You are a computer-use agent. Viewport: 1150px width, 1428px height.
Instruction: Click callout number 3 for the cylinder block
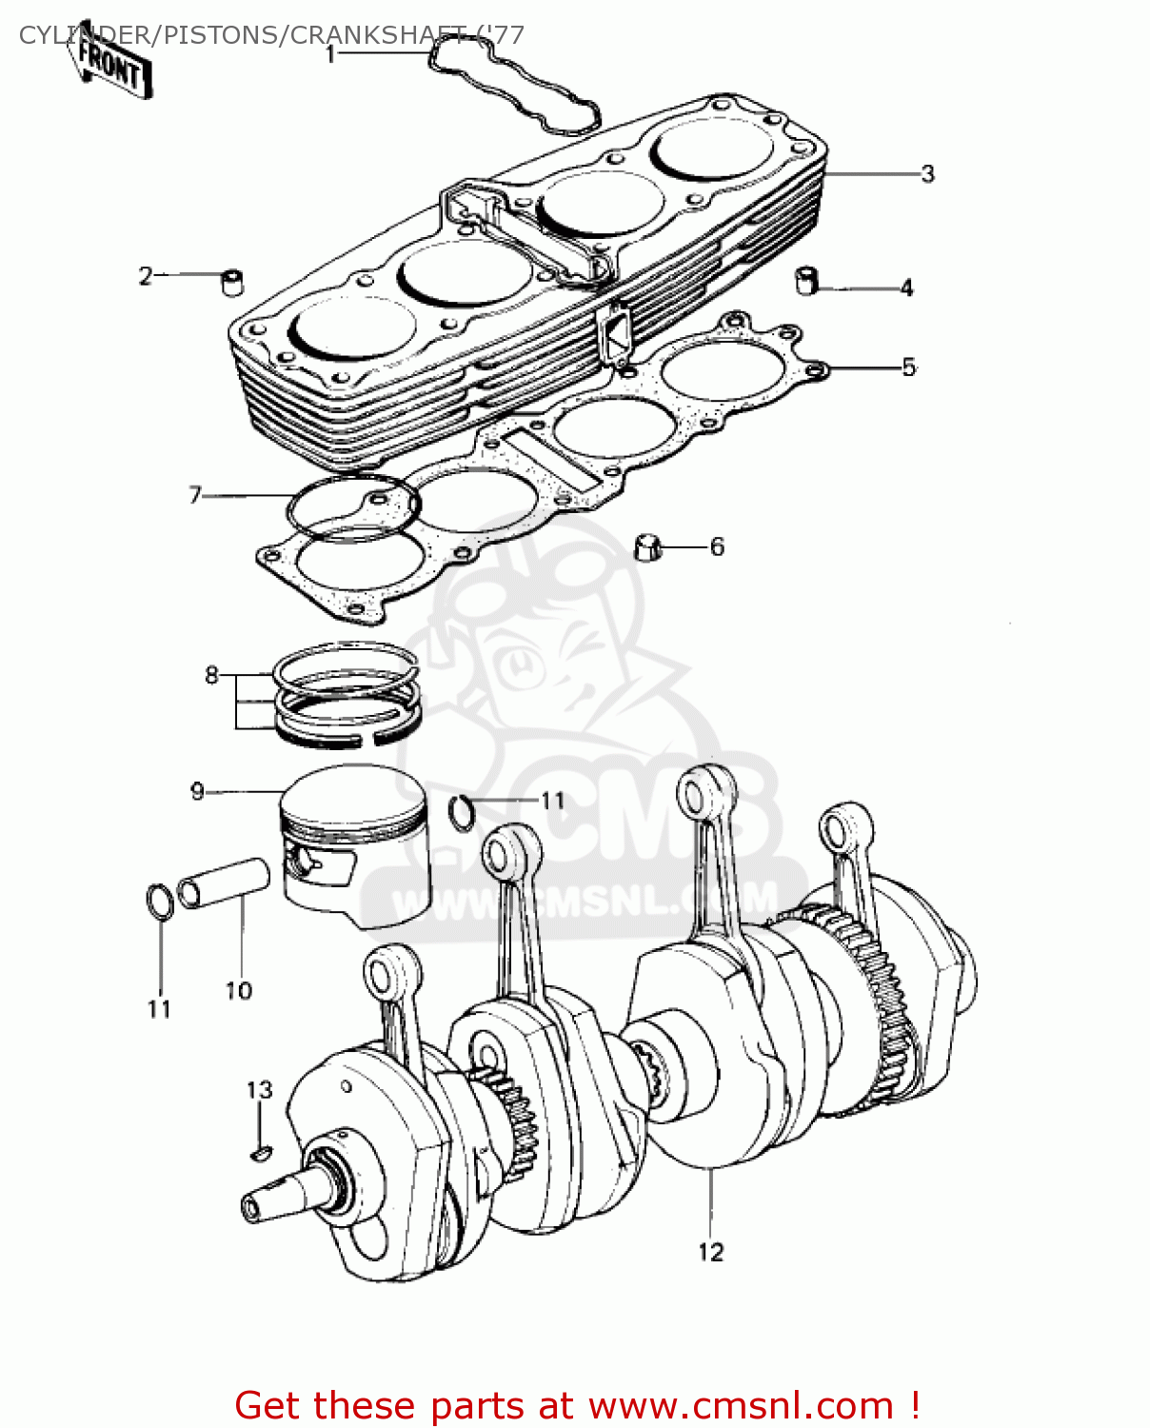(x=927, y=174)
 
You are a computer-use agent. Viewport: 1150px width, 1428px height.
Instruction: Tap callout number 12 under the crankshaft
(x=710, y=1252)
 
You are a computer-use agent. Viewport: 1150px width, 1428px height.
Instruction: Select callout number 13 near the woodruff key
(x=259, y=1090)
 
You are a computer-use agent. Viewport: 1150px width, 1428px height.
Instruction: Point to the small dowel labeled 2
(x=232, y=283)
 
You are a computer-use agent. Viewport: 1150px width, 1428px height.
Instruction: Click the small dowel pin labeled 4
(x=807, y=281)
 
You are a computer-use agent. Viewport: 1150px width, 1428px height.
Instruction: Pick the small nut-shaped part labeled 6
(x=647, y=548)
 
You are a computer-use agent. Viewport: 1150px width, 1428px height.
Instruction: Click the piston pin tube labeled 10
(x=224, y=883)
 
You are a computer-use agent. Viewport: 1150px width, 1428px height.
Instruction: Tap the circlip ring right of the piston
(x=461, y=810)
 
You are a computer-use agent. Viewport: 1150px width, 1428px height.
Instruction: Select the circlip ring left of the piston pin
(x=160, y=902)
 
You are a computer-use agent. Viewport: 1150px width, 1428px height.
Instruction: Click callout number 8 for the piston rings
(x=211, y=675)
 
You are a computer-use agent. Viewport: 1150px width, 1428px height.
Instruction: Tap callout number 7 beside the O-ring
(x=195, y=495)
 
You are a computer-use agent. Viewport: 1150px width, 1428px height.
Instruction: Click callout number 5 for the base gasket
(x=908, y=367)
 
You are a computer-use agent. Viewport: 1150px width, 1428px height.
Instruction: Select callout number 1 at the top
(x=330, y=54)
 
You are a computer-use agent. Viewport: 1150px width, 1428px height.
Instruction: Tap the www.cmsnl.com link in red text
(x=741, y=1405)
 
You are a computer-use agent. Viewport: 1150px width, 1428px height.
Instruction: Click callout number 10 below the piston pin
(x=238, y=991)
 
